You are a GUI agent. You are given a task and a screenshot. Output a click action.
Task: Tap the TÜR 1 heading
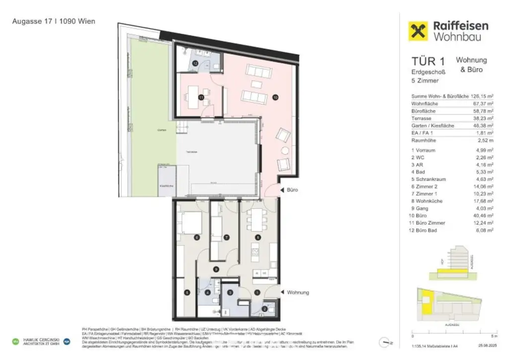click(x=428, y=62)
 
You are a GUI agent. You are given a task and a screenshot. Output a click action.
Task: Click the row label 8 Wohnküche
click(x=428, y=201)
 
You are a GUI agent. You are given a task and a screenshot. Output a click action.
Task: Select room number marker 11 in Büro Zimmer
click(x=201, y=97)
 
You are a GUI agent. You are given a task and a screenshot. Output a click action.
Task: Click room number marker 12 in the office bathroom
click(x=195, y=64)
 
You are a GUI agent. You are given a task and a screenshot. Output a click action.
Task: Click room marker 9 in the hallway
click(x=216, y=269)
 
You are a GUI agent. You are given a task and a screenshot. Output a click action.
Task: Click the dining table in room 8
click(x=257, y=218)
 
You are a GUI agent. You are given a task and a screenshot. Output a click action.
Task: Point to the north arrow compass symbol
click(x=385, y=342)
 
